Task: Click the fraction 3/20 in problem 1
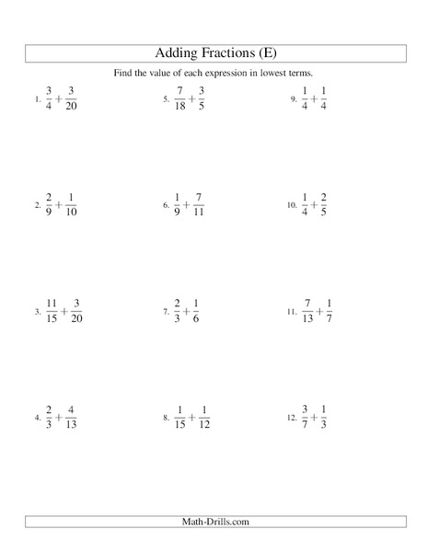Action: pyautogui.click(x=72, y=98)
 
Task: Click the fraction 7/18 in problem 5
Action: pyautogui.click(x=179, y=98)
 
